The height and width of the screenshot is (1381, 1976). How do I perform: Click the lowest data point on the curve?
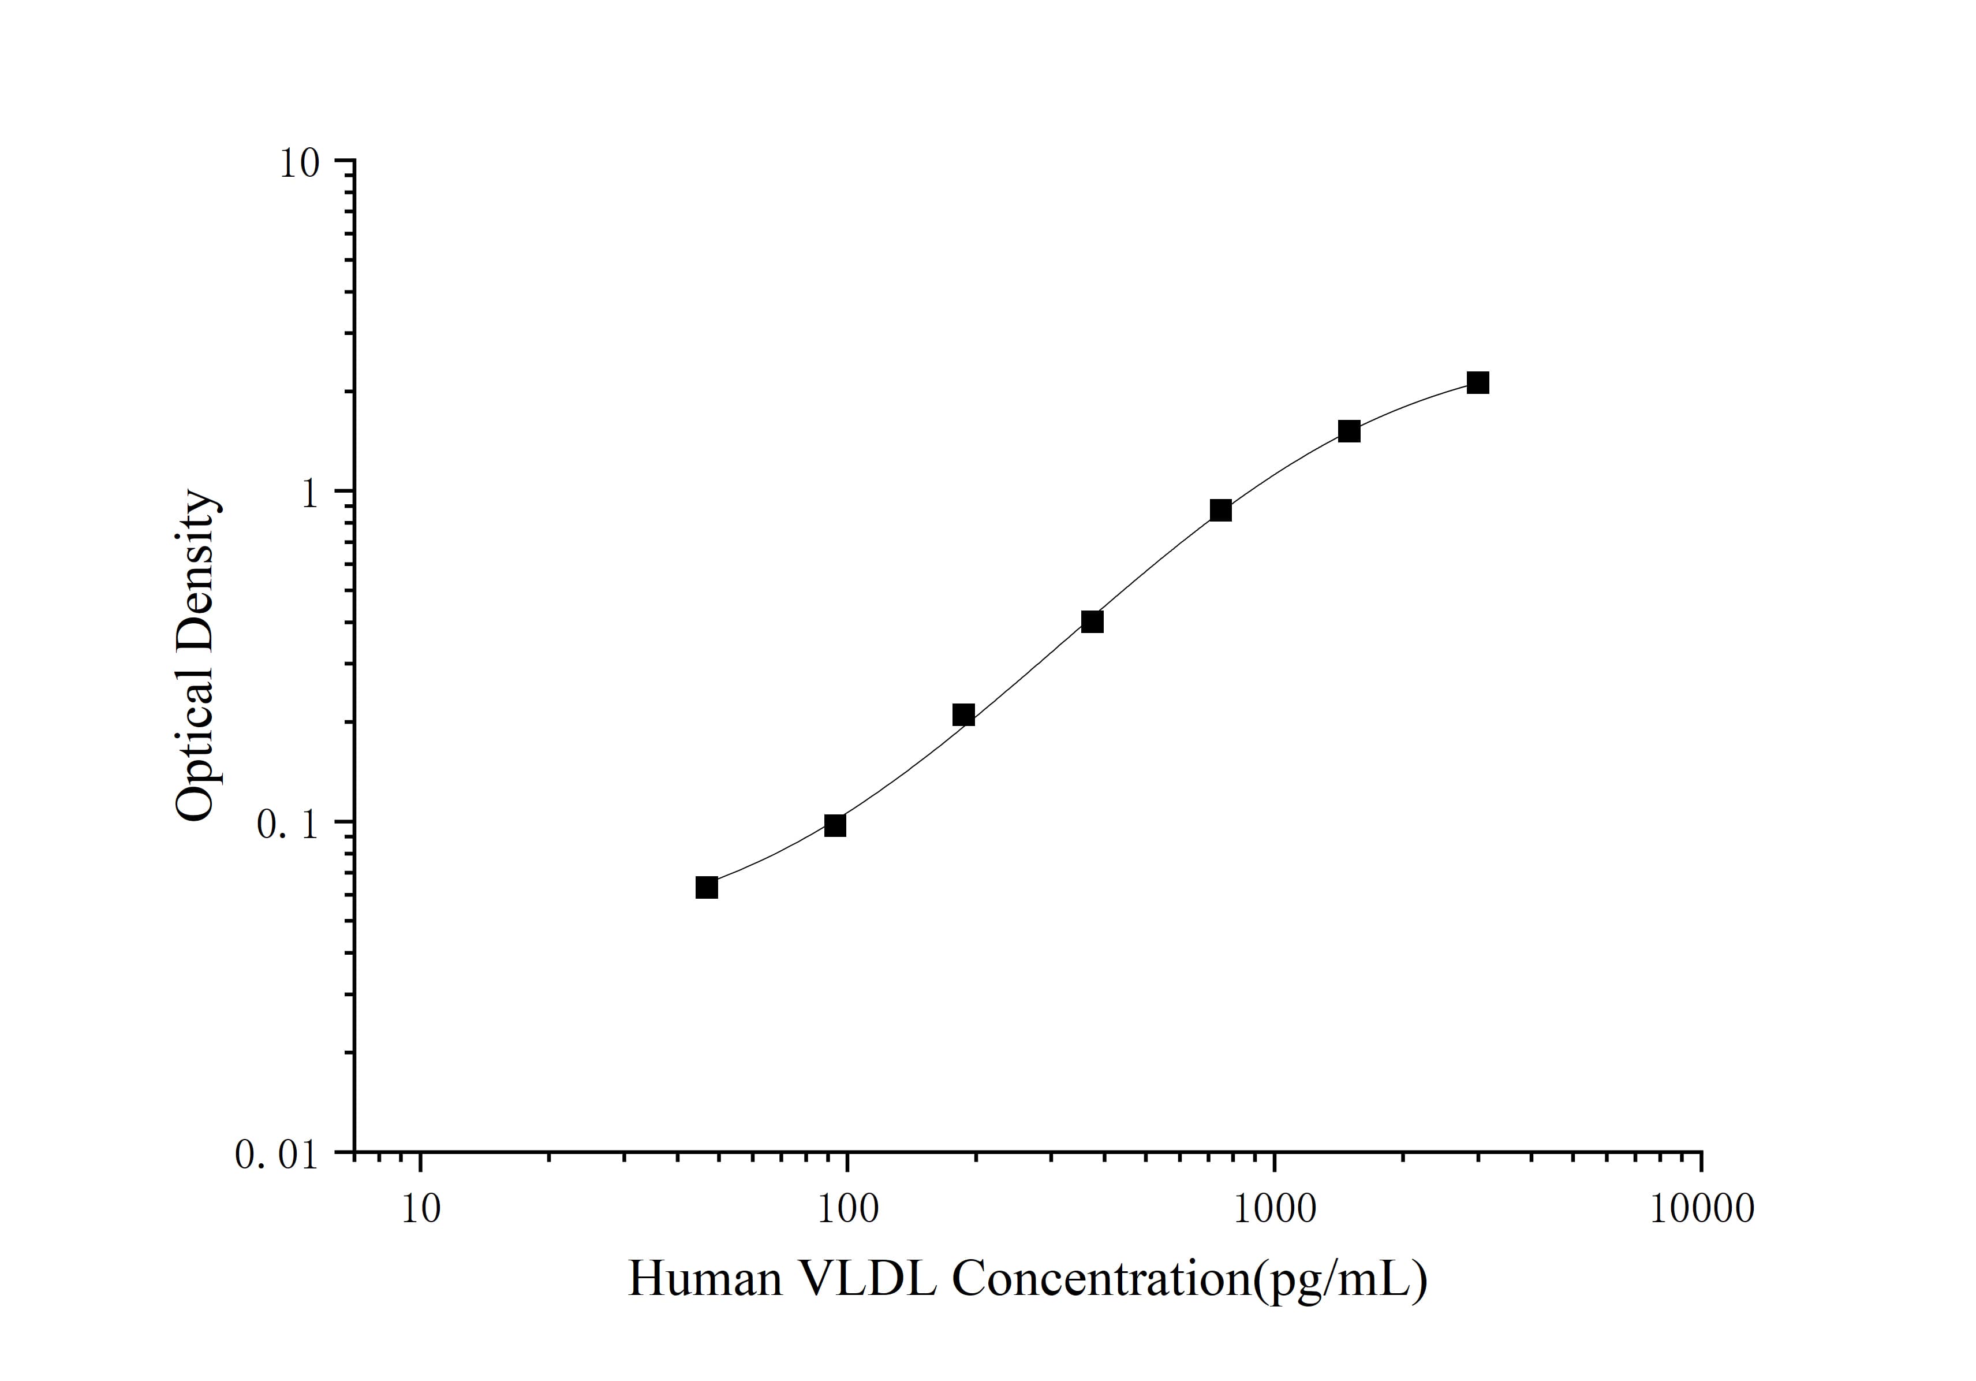tap(707, 888)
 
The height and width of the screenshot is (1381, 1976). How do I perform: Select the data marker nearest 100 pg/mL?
tap(835, 826)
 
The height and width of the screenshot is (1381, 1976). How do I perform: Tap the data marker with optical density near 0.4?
tap(1092, 621)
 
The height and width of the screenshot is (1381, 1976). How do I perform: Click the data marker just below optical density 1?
tap(1220, 511)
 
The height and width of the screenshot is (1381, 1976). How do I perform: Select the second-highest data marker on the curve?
tap(1350, 431)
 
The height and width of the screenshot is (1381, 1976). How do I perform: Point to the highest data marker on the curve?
tap(1478, 383)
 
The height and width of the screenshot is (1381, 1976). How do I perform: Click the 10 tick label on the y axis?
tap(298, 163)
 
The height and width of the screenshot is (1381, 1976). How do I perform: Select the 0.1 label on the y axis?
tap(287, 825)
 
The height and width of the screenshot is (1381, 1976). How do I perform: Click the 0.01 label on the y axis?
tap(277, 1155)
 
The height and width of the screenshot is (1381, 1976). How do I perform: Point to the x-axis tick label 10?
tap(421, 1209)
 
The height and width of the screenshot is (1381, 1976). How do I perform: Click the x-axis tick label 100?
tap(847, 1209)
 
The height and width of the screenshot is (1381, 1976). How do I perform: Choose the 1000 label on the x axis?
tap(1275, 1209)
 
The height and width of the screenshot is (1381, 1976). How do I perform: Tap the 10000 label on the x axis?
tap(1701, 1209)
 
